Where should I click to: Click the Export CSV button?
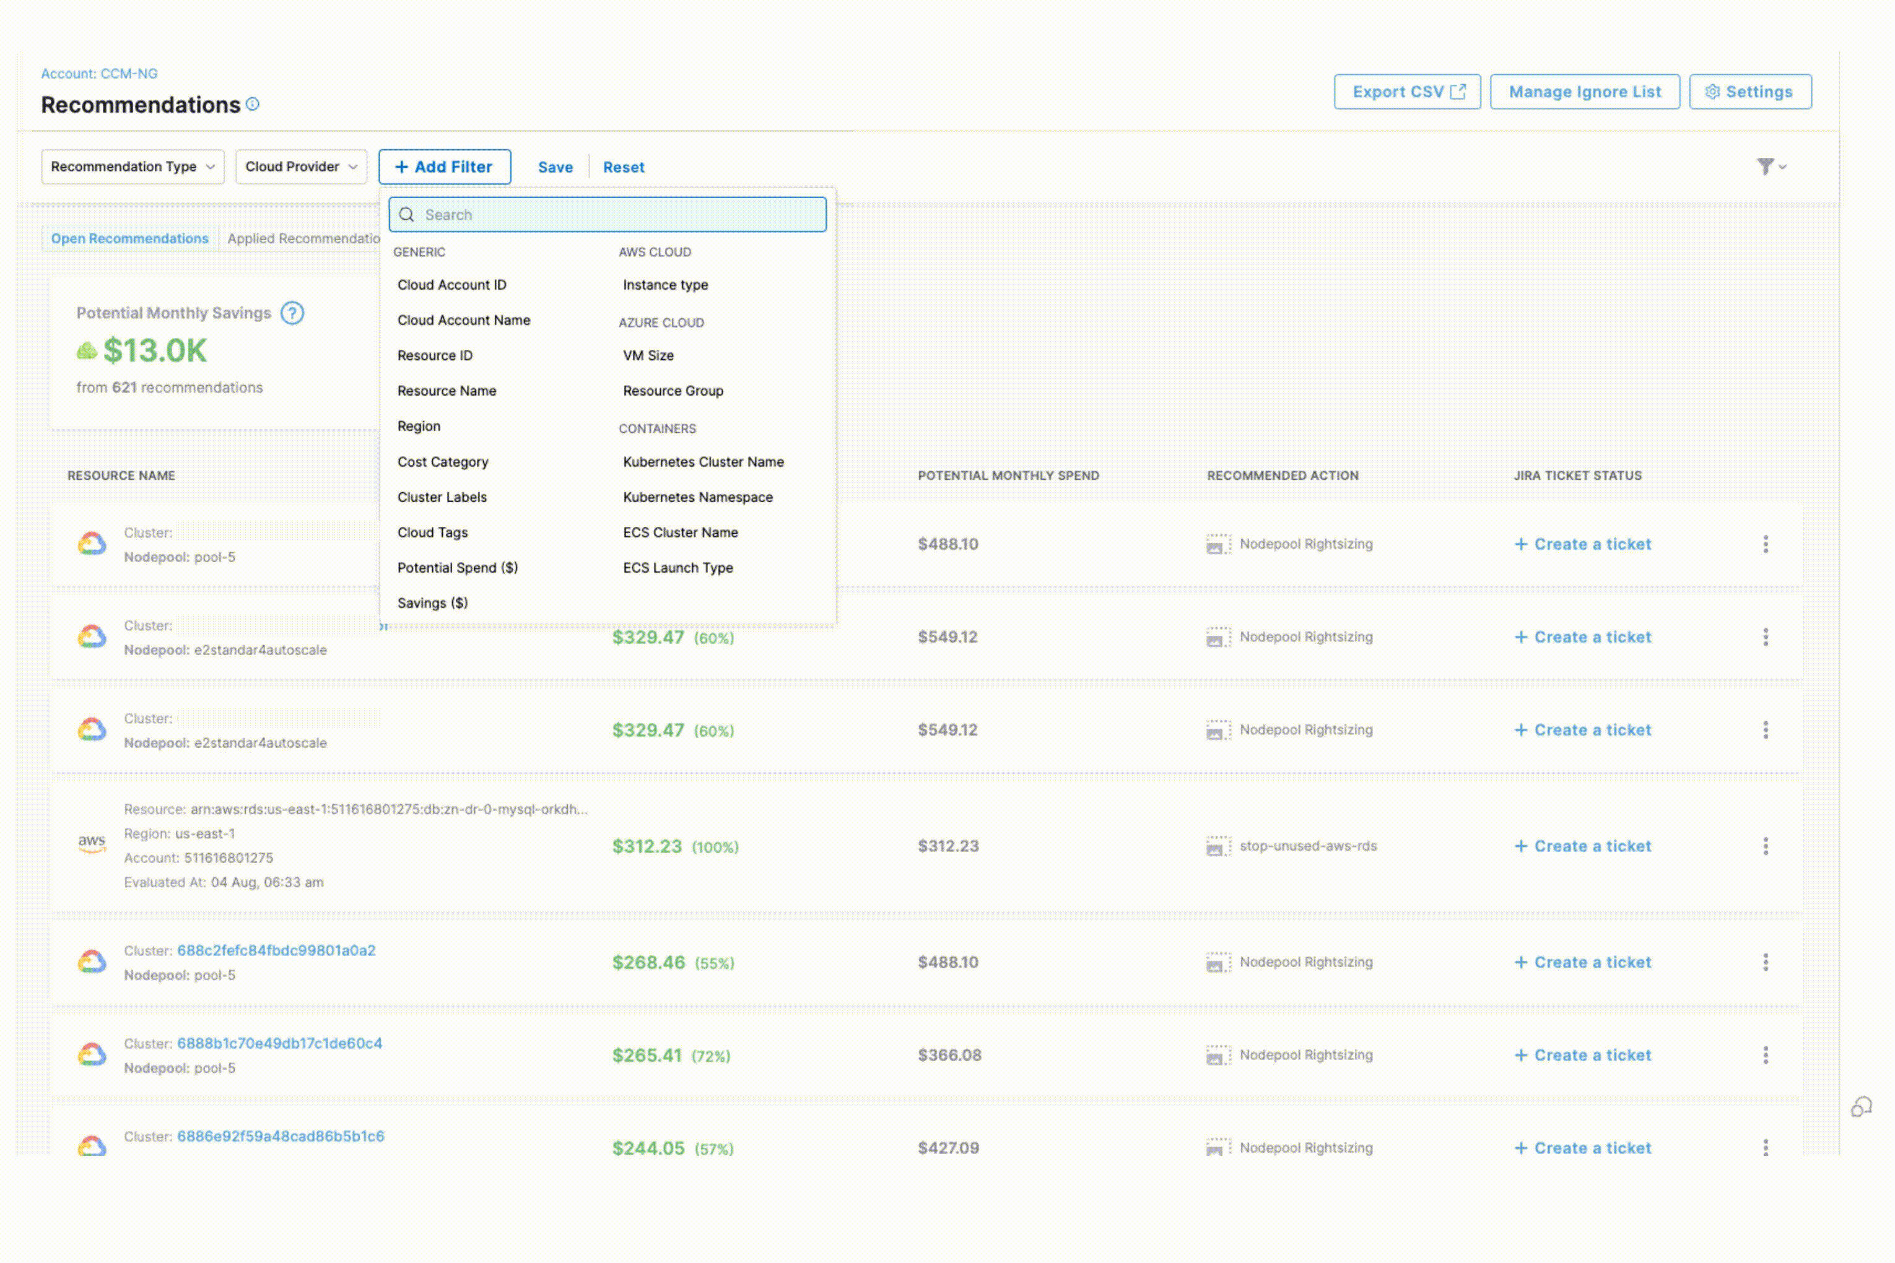tap(1407, 92)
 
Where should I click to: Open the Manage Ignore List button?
tap(1584, 92)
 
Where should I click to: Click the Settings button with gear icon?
tap(1749, 92)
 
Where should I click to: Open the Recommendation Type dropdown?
tap(132, 167)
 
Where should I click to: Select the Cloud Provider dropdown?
tap(300, 167)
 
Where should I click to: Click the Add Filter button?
tap(444, 167)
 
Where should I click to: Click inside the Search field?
tap(621, 215)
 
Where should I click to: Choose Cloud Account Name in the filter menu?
tap(463, 321)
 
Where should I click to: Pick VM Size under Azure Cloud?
tap(648, 356)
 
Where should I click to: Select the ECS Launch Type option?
tap(677, 568)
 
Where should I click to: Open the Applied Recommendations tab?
tap(302, 239)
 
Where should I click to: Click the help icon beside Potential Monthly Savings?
tap(292, 313)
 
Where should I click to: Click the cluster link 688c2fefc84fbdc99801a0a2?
tap(276, 950)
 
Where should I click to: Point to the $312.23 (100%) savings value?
tap(674, 846)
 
